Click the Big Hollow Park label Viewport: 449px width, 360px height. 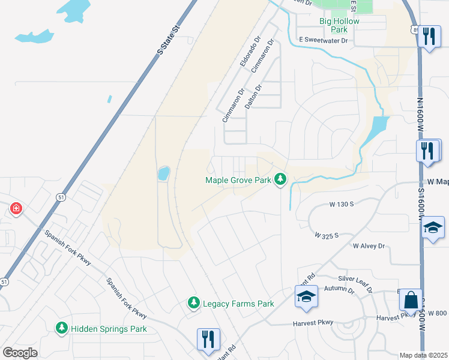pos(339,25)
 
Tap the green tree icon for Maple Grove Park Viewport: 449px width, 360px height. pos(280,179)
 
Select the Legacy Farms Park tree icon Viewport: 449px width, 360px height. pos(193,303)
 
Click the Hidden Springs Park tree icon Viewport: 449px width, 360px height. pos(61,328)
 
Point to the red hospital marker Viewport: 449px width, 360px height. pos(16,209)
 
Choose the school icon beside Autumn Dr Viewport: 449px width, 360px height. pos(306,296)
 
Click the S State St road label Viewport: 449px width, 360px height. pos(169,40)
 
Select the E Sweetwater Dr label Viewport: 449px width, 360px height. pos(324,41)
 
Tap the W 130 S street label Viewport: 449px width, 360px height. pos(341,204)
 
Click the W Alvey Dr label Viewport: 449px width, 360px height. pos(372,246)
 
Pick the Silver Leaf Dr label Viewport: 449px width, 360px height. pos(355,283)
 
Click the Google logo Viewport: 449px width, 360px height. pos(20,353)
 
